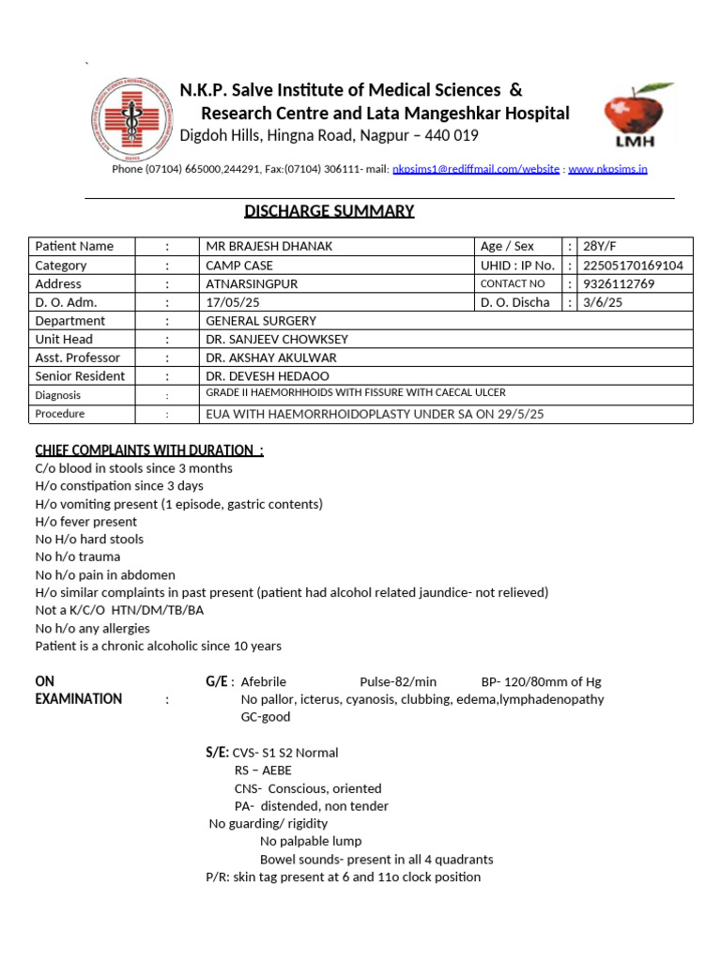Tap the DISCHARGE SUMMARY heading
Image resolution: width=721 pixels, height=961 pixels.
(329, 211)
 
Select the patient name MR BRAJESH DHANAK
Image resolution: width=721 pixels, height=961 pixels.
(268, 247)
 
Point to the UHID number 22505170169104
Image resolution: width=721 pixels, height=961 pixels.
(633, 266)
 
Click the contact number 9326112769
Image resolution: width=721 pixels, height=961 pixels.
(619, 284)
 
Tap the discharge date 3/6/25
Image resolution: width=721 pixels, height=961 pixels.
(603, 302)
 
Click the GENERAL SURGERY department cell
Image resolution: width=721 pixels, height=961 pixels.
(261, 321)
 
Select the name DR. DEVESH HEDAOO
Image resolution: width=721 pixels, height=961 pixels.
(267, 376)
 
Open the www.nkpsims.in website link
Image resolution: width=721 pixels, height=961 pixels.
(607, 170)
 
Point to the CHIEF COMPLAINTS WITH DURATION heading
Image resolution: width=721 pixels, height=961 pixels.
(149, 450)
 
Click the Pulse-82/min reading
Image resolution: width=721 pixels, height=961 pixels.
(398, 682)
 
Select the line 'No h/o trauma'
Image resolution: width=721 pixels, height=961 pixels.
(78, 557)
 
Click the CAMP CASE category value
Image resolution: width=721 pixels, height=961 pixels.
(239, 266)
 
